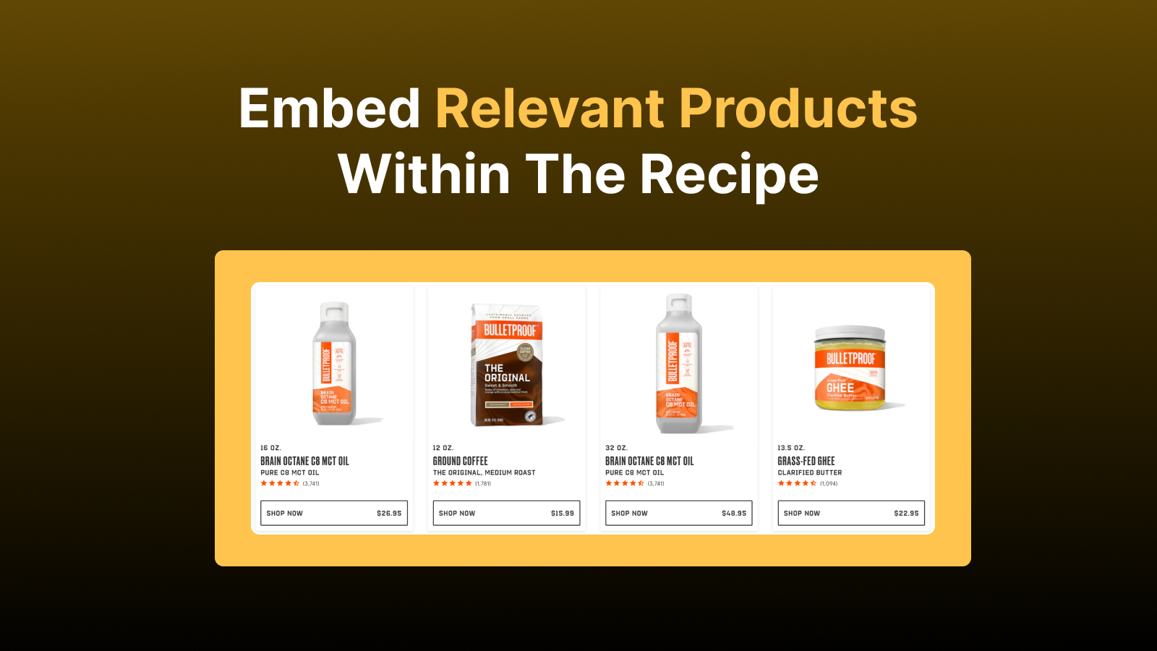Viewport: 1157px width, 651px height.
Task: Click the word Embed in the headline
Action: point(329,109)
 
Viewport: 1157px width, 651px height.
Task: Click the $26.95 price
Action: point(389,514)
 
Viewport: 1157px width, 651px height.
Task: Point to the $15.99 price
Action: point(562,514)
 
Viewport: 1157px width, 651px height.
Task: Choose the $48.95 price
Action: point(734,514)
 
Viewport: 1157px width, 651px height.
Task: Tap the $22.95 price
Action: point(906,514)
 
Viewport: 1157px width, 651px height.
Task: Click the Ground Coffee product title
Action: point(460,461)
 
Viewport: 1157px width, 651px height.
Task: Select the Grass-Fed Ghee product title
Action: point(806,461)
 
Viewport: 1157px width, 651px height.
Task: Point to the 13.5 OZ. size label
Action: point(790,448)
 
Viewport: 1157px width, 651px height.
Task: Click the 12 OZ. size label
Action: point(443,448)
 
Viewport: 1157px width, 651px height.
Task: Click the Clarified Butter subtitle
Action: point(809,472)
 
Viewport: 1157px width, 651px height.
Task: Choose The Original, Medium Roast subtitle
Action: point(484,472)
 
